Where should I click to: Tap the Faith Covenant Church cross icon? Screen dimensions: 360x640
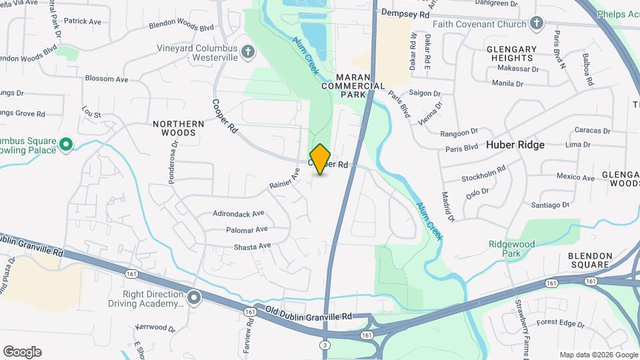pos(537,25)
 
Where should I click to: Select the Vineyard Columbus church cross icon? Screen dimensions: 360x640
pos(248,52)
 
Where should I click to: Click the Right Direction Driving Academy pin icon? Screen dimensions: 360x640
pos(194,297)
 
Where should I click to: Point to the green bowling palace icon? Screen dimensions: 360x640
pos(65,144)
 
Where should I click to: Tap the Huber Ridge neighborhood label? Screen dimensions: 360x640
pos(515,145)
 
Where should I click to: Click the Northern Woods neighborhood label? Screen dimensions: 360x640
pos(179,128)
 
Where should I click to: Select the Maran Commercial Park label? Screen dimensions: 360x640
pos(353,86)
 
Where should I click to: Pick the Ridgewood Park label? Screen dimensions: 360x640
pos(511,249)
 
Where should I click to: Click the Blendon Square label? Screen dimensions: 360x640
pos(589,260)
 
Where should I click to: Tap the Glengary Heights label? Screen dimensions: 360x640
pos(511,54)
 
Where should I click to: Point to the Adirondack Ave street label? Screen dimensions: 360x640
pos(239,214)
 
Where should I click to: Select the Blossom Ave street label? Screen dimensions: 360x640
pos(107,79)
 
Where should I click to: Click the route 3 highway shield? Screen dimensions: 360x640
pos(325,345)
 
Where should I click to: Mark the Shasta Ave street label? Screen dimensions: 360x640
pos(252,246)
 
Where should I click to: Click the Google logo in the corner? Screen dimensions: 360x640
pos(22,352)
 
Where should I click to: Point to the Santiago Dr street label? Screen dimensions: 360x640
pos(550,205)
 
